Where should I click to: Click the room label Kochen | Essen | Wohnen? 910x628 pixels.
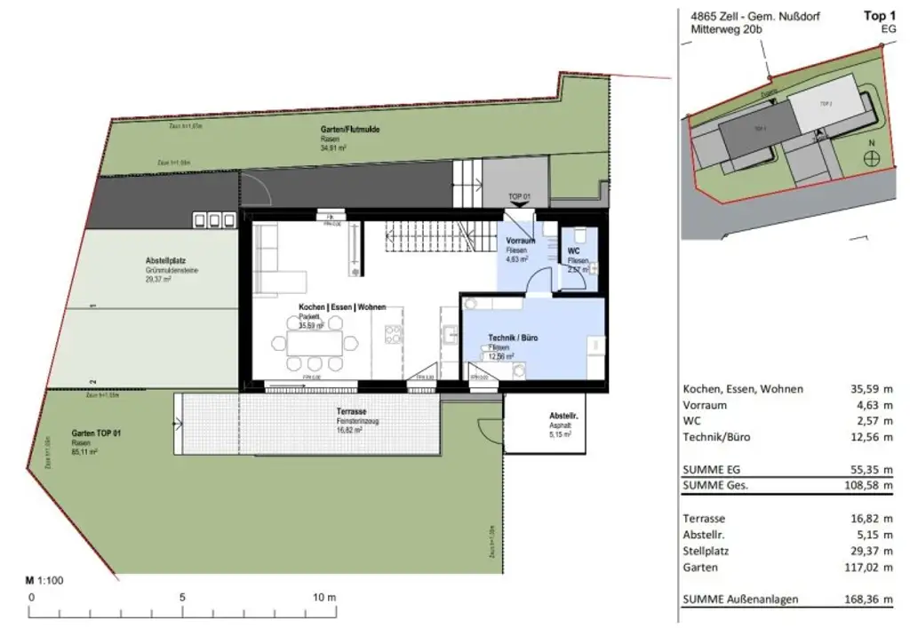tap(341, 306)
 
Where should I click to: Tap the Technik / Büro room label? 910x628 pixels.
tap(513, 338)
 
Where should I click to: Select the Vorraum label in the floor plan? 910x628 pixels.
tap(520, 242)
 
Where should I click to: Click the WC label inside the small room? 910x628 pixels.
tap(573, 251)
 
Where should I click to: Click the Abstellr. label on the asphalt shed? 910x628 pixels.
tap(564, 416)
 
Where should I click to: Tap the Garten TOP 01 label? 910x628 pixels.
tap(96, 433)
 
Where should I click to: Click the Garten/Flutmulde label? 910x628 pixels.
tap(350, 129)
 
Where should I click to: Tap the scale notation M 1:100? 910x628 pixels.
tap(44, 580)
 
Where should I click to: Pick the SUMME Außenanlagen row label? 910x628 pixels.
tap(739, 600)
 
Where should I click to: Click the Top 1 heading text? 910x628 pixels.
tap(879, 16)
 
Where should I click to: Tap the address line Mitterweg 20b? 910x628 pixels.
tap(727, 29)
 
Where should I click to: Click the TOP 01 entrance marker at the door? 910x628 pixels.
tap(518, 196)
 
